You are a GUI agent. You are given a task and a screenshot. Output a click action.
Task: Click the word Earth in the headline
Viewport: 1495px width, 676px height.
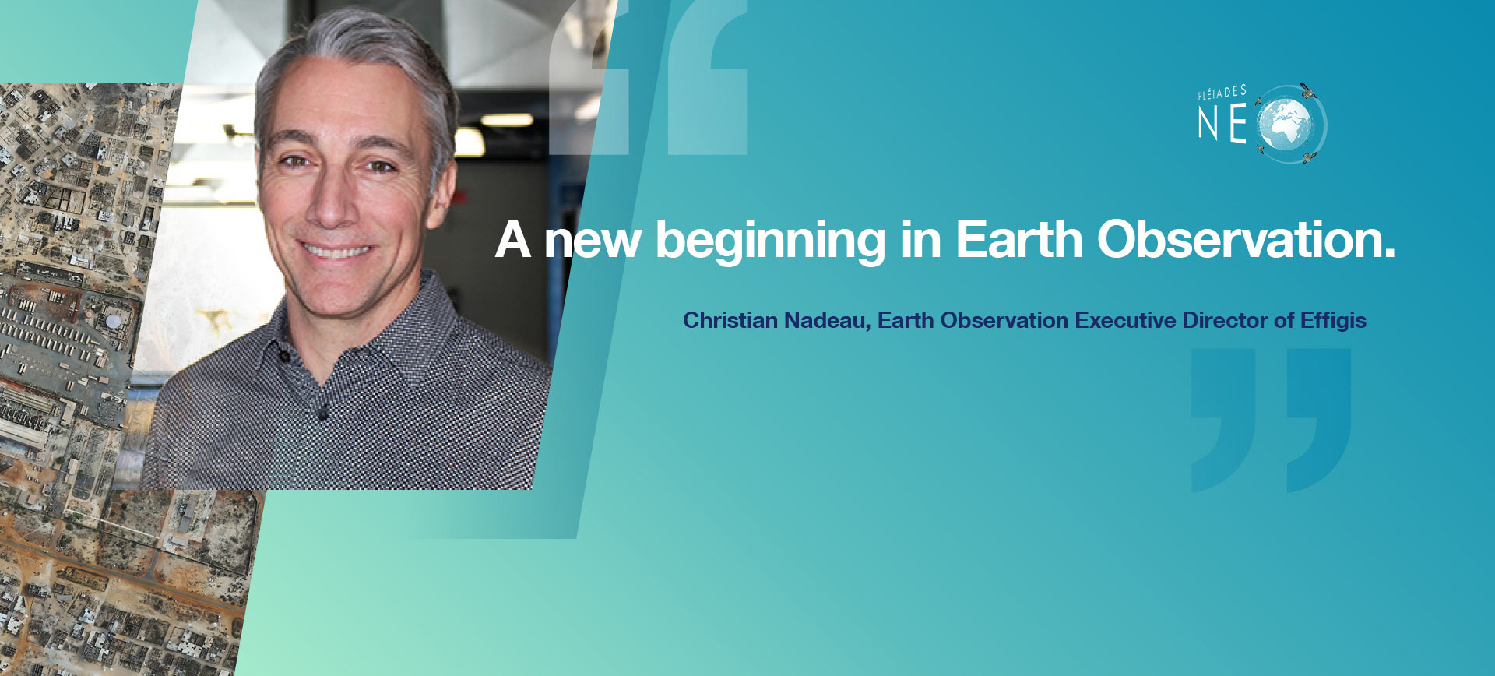pos(1018,239)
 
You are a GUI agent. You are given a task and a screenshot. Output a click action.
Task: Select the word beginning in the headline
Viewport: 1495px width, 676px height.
pos(771,241)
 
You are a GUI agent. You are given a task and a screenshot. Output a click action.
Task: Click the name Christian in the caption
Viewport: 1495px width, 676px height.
pos(730,320)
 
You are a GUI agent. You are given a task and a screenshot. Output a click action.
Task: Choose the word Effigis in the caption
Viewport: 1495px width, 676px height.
pos(1333,321)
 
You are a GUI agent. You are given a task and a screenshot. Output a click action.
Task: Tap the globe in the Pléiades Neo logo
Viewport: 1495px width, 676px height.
pos(1284,125)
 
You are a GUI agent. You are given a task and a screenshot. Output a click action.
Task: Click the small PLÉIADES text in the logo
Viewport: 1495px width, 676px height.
pos(1222,93)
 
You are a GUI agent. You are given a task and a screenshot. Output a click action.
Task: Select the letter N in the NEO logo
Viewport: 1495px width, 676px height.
pos(1208,125)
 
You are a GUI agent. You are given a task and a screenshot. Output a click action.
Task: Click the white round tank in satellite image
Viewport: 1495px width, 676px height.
pos(114,320)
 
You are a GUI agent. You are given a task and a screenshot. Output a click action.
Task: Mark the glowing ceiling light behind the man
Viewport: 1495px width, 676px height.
pos(506,120)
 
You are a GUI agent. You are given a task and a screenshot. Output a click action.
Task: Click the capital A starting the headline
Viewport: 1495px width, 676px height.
pos(513,239)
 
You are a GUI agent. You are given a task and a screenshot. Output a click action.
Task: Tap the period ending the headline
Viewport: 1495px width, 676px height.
pos(1389,255)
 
